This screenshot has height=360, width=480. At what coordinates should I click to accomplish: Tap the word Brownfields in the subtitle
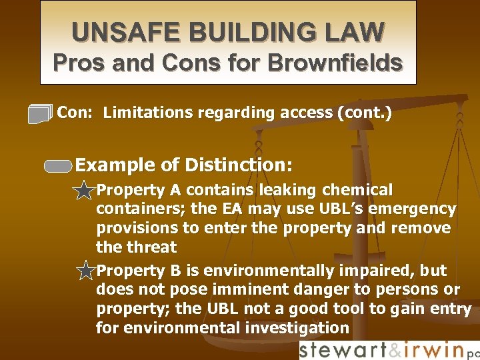[335, 63]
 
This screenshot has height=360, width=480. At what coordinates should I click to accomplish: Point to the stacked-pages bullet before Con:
[40, 114]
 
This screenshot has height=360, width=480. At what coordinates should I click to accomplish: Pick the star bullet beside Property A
[84, 191]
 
